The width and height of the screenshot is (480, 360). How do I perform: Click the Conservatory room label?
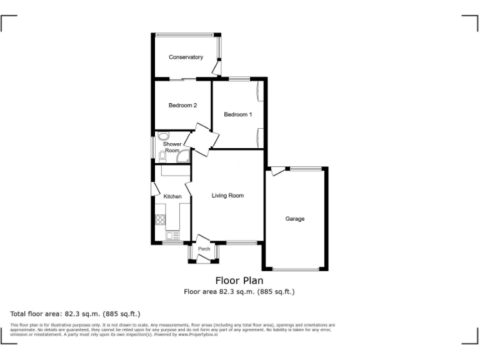click(186, 57)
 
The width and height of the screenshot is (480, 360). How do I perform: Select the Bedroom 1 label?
click(237, 114)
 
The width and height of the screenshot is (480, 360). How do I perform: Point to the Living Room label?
click(227, 196)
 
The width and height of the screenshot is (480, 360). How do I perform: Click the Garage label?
click(295, 219)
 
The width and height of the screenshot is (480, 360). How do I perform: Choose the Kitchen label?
click(172, 197)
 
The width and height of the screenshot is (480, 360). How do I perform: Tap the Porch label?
click(204, 249)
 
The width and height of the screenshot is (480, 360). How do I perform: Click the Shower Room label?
click(172, 147)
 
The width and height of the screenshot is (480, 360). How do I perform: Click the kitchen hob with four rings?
click(160, 219)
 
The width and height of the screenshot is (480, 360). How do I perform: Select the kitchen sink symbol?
click(172, 235)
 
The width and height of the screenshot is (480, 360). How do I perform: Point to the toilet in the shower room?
click(163, 137)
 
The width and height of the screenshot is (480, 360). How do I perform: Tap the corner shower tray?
click(184, 156)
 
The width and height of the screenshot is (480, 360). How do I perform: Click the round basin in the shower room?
click(163, 137)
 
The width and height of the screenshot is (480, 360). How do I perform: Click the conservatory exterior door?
click(216, 66)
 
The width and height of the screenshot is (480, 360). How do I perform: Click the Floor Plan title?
click(239, 281)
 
